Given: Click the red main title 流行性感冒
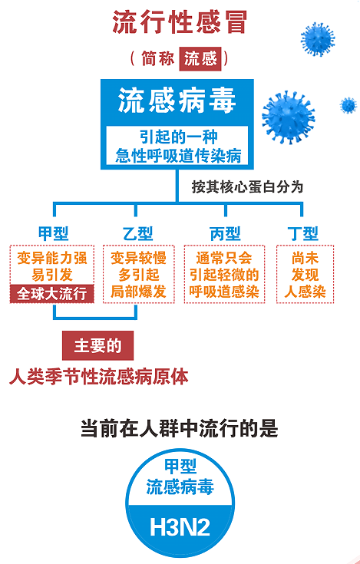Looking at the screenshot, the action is coord(180,22).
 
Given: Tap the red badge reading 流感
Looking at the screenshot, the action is coord(200,58).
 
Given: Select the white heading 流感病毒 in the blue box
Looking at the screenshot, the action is coord(177,101).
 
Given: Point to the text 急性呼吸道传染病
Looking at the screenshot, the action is coord(178,156).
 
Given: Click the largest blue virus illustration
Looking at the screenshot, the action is coord(289,117).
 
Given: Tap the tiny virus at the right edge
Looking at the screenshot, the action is coord(348,105).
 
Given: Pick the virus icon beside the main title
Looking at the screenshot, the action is coord(318,39).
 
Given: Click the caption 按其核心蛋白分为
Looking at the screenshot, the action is coord(247,187).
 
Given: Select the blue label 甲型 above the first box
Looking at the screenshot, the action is coord(53,233).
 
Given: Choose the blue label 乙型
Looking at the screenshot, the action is coord(137,233).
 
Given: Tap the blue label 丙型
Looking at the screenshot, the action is coord(225,233).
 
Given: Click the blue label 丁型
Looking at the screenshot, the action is coord(303,233).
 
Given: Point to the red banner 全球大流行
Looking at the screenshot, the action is coord(51,294).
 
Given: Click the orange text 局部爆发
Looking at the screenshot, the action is coord(138,292).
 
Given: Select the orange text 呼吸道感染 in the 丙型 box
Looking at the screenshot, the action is coord(224,292).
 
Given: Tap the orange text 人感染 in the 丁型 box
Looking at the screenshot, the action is coord(305,292).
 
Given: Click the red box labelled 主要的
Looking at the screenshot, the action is coord(97,345).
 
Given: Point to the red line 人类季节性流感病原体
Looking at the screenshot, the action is coord(99,377).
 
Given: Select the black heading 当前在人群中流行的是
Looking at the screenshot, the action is coord(180,428).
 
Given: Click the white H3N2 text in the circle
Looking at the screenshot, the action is coord(180,528).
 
